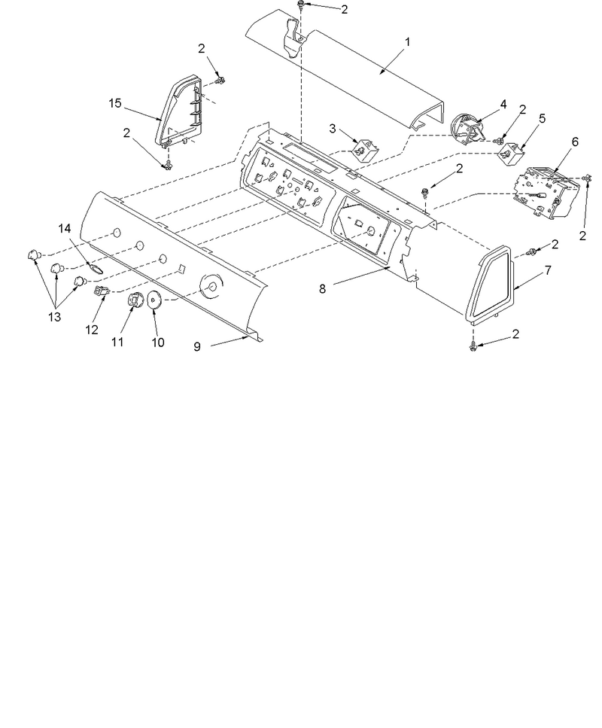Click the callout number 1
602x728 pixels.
(408, 42)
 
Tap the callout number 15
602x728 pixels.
(115, 102)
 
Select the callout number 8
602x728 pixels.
(322, 289)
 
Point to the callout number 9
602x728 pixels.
(197, 346)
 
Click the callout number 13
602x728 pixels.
(54, 317)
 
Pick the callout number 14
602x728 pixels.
(65, 228)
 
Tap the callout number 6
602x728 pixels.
(575, 142)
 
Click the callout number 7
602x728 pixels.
(548, 270)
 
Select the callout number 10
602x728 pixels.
(158, 343)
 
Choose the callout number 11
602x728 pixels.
(117, 342)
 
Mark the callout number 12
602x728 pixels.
(92, 330)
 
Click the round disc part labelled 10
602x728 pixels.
(154, 300)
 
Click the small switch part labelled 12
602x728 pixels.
(102, 291)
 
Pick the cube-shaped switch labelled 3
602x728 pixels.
(366, 149)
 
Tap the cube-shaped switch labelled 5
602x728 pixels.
(510, 152)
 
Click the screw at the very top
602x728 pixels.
(301, 5)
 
